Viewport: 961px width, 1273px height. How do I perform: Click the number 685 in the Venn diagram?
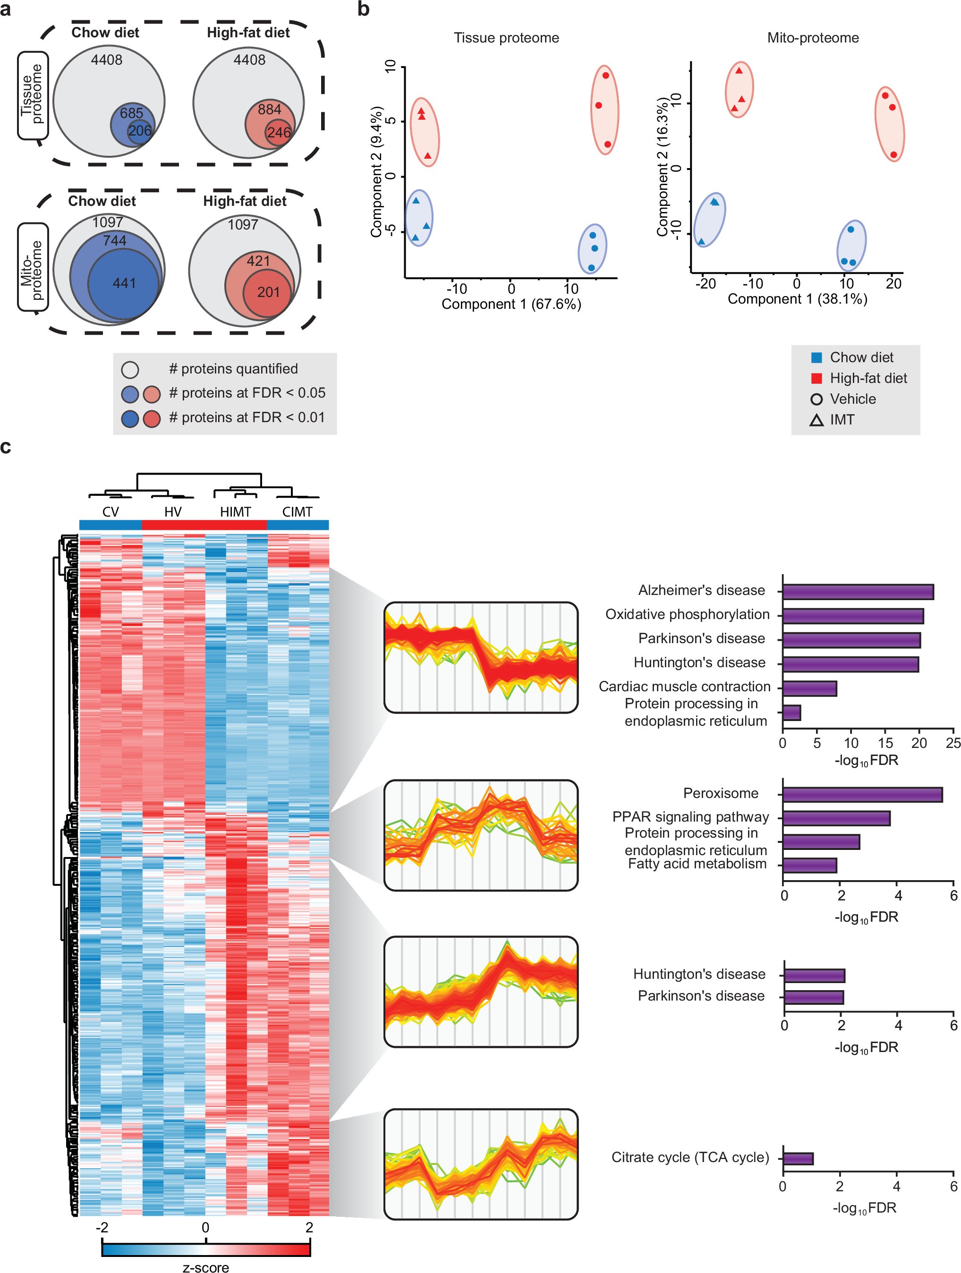(131, 113)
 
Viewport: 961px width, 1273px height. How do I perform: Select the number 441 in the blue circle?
(124, 283)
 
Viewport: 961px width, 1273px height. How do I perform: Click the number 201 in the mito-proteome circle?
(268, 292)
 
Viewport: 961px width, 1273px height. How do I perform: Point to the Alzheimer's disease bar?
(858, 592)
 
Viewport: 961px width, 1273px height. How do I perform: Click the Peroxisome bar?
(862, 795)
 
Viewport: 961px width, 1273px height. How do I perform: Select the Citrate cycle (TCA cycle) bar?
(798, 1158)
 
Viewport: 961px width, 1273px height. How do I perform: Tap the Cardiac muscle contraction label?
(684, 687)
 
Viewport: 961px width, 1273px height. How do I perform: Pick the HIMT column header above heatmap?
(235, 512)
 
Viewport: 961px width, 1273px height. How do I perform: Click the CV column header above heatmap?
(111, 512)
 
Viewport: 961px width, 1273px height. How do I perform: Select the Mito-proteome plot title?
(813, 38)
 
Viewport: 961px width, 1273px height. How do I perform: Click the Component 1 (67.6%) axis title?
(511, 304)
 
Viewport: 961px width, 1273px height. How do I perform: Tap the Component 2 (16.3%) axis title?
(663, 167)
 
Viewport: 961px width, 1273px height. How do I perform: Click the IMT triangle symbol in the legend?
(816, 420)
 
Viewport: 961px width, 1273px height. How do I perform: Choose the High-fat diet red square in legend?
(816, 378)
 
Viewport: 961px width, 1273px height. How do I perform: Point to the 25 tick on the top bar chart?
(953, 743)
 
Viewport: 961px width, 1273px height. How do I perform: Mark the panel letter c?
(6, 447)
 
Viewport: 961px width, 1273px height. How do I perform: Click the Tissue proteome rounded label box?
(32, 95)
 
